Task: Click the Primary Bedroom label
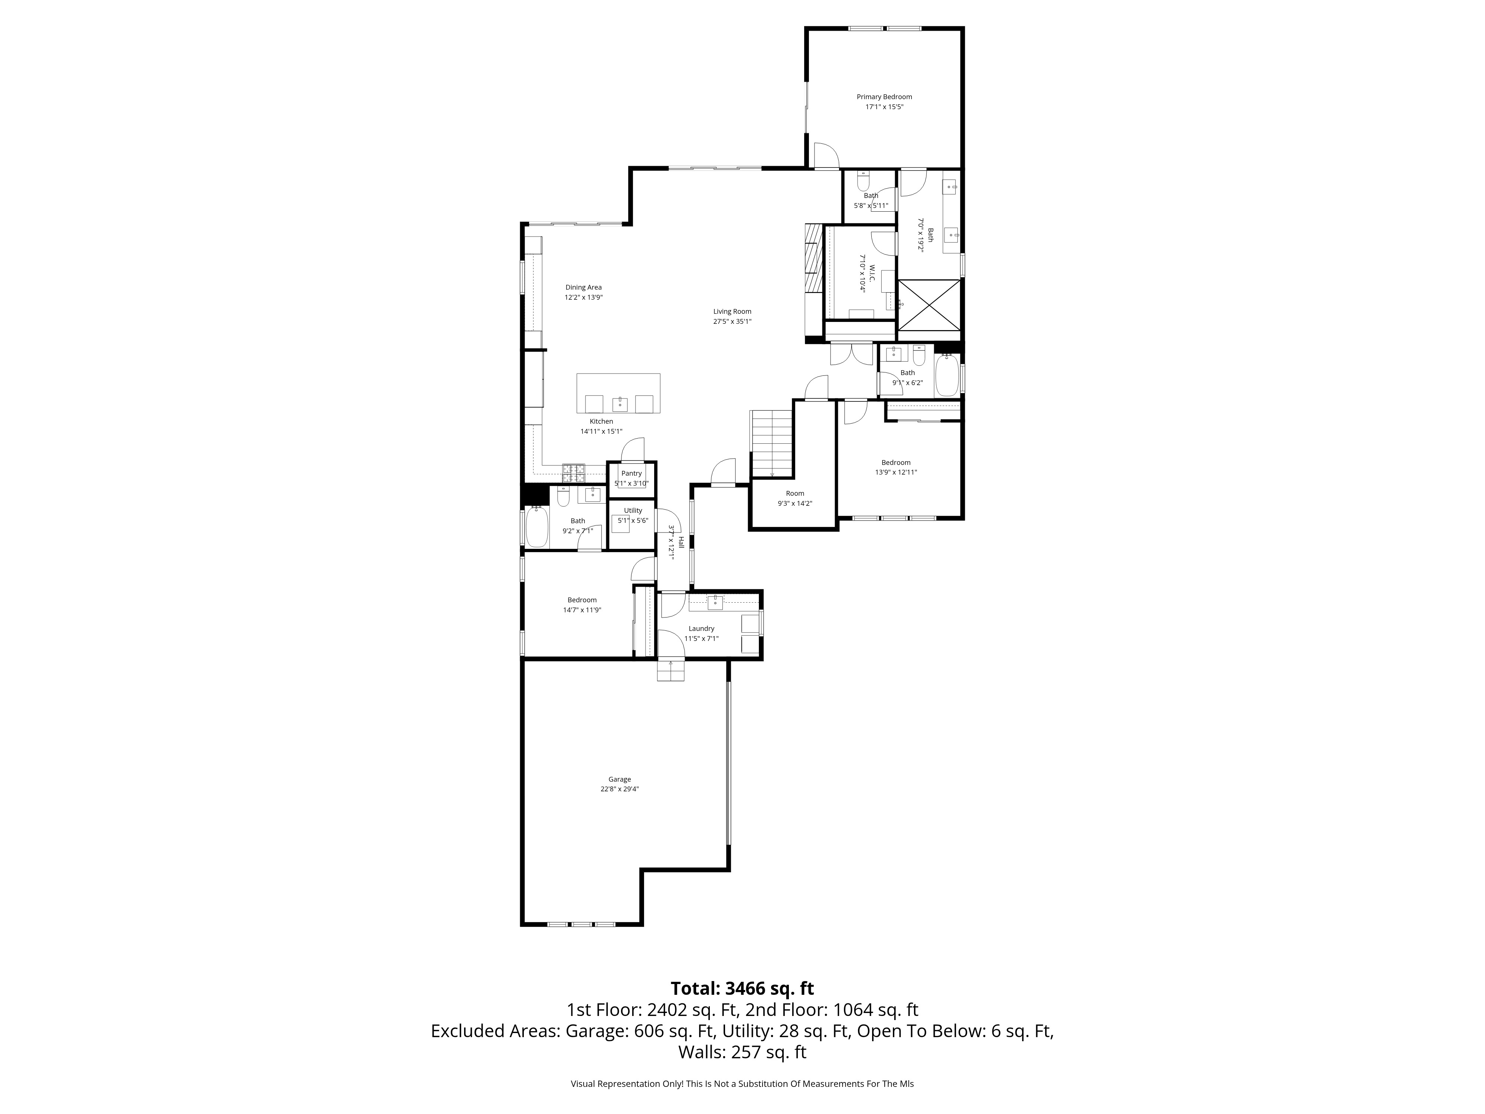point(884,97)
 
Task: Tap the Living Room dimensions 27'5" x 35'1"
point(732,322)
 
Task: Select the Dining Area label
point(583,287)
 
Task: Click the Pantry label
point(632,473)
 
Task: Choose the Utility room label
point(633,510)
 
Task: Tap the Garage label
point(620,779)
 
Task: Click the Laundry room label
point(702,629)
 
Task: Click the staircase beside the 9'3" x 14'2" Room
point(772,443)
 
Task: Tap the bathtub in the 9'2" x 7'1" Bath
point(537,527)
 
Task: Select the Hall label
point(681,543)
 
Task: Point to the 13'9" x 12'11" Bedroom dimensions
point(895,472)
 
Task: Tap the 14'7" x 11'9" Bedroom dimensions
point(582,610)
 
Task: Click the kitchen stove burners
point(573,473)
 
